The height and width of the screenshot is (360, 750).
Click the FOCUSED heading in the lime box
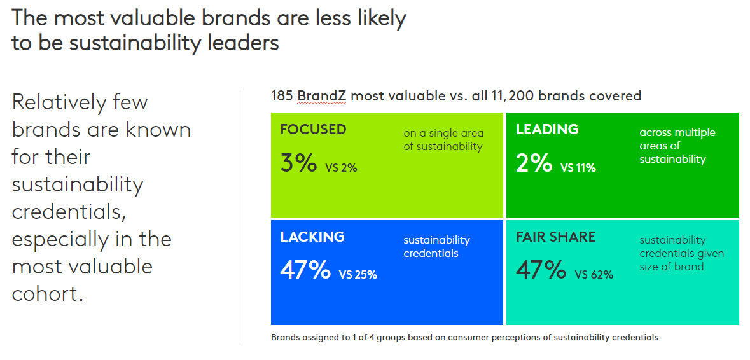[x=313, y=130]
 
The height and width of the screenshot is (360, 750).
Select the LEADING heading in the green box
[x=547, y=130]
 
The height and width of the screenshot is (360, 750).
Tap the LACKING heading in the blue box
[x=312, y=237]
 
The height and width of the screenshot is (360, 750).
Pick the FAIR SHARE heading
[x=555, y=237]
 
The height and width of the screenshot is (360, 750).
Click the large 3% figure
[x=298, y=163]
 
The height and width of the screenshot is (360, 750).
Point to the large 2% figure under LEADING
[x=534, y=163]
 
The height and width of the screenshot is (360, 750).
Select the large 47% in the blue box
[x=305, y=270]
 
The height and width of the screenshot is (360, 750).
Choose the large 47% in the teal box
[x=541, y=270]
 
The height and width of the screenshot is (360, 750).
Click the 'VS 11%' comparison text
[x=578, y=169]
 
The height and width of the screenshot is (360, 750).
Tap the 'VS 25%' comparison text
[x=358, y=275]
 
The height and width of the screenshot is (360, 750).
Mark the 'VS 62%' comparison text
[x=594, y=275]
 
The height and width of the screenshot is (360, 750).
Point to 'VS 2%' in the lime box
[x=341, y=169]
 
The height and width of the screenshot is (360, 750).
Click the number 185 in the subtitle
[x=281, y=96]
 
